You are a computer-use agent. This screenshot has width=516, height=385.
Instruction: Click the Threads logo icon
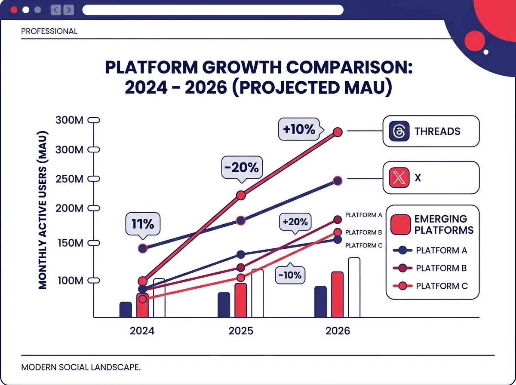pos(398,131)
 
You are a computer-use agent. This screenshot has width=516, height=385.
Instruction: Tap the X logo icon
pos(398,177)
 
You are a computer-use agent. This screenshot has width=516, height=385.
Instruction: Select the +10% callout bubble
pos(299,129)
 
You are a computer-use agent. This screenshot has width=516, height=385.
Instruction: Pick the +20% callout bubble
pos(295,222)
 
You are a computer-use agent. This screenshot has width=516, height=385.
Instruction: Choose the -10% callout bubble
pos(290,275)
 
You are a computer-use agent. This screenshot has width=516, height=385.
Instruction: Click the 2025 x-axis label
pos(241,331)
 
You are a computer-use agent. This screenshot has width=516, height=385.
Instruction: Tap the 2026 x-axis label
pos(338,331)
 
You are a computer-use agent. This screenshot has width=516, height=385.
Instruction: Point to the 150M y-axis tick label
pos(69,243)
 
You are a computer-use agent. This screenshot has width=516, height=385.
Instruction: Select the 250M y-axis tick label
pos(69,179)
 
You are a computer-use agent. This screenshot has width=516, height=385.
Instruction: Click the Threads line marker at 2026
pos(338,131)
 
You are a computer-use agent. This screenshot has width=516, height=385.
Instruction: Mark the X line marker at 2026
pos(338,180)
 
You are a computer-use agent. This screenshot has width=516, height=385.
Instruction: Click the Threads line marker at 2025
pos(241,196)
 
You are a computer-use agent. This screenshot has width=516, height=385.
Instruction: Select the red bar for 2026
pos(337,294)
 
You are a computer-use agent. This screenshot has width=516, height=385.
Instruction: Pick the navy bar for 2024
pos(126,309)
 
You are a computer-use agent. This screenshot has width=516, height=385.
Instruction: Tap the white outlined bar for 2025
pos(257,293)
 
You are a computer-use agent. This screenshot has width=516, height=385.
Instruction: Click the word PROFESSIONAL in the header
pos(49,31)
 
